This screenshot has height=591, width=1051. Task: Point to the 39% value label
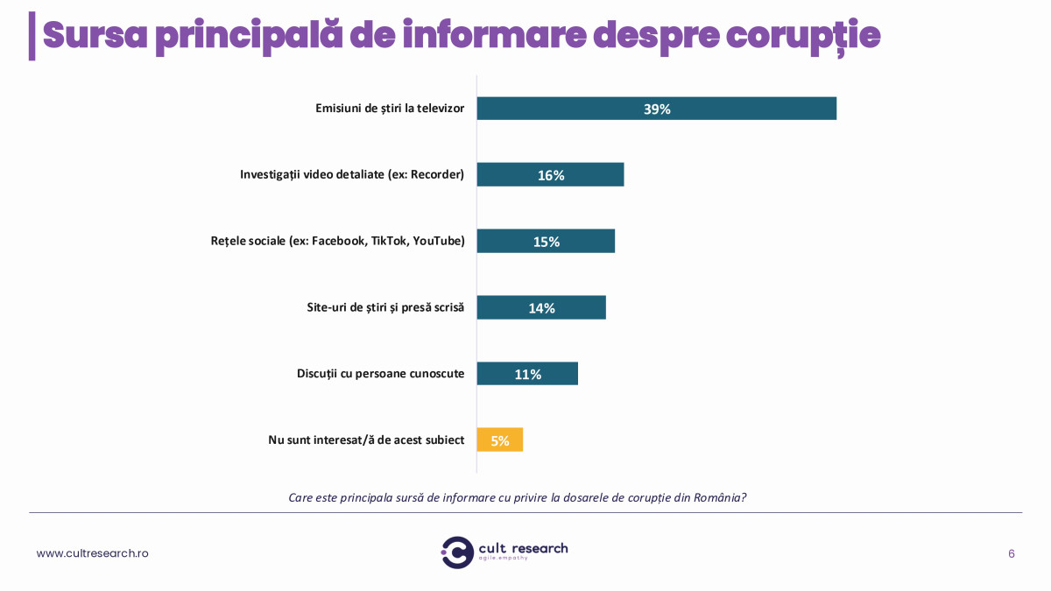pos(657,109)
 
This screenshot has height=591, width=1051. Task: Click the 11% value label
pos(527,375)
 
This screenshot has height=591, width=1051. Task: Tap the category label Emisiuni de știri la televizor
pos(390,109)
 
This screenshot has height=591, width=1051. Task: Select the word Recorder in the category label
pos(435,174)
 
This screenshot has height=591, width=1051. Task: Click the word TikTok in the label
pos(388,241)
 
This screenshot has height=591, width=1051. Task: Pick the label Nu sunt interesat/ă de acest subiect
pos(366,440)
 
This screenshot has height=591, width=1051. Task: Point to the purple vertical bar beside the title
pos(32,36)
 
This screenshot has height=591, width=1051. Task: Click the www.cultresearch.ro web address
pos(92,553)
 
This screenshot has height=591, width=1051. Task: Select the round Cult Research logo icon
pos(457,552)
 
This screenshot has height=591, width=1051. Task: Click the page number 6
pos(1012,553)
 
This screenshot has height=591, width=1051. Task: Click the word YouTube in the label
pos(438,241)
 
